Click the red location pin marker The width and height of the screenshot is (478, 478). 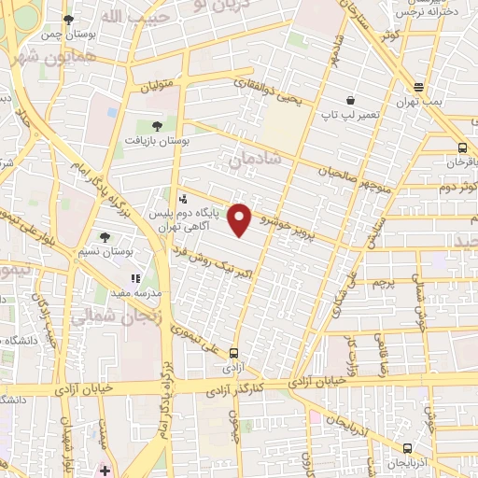tap(241, 218)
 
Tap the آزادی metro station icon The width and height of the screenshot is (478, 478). tap(233, 353)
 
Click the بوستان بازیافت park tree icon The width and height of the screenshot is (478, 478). tap(155, 124)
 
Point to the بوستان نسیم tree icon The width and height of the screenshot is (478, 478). tap(104, 237)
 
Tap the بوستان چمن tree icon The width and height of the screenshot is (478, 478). tap(67, 20)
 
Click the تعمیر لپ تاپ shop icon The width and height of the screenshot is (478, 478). tap(350, 100)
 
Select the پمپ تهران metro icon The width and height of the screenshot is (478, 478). tap(419, 88)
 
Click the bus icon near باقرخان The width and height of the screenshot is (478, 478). tap(462, 148)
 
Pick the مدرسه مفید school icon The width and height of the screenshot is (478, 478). tap(135, 277)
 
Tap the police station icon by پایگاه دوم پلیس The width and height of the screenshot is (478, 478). tap(182, 198)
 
